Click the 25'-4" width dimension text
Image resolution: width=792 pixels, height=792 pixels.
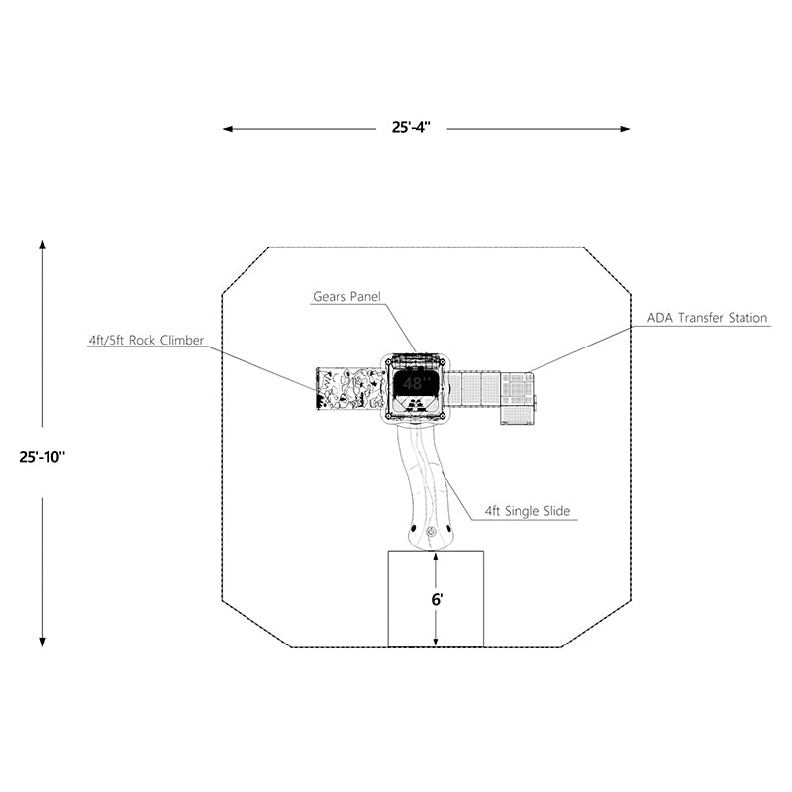[411, 127]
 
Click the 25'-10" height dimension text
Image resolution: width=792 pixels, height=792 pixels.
[43, 457]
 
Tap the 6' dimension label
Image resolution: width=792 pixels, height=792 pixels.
[437, 600]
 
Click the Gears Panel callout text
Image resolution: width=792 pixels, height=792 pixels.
[346, 296]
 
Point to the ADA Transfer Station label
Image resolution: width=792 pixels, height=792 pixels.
[707, 318]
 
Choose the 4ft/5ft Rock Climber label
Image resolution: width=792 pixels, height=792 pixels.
[146, 340]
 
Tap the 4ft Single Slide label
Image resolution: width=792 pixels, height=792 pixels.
[528, 511]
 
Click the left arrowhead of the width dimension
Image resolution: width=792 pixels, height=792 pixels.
[228, 129]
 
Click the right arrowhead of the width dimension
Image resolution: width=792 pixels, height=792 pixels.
[625, 129]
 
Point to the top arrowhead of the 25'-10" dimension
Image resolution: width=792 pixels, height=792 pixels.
[43, 245]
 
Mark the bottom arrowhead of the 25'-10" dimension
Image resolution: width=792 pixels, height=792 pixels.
[43, 642]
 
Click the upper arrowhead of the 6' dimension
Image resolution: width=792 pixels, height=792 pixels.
[436, 557]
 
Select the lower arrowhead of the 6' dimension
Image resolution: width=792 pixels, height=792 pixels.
[436, 642]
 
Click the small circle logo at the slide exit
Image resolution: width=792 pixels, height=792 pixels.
[431, 531]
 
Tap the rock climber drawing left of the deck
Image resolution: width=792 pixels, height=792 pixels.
[348, 388]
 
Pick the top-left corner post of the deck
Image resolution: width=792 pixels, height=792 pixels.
[388, 361]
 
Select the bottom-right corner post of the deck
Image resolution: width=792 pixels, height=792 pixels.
[443, 416]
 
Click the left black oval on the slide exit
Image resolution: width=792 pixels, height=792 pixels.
[414, 528]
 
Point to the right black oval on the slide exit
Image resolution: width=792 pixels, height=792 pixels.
[449, 528]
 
